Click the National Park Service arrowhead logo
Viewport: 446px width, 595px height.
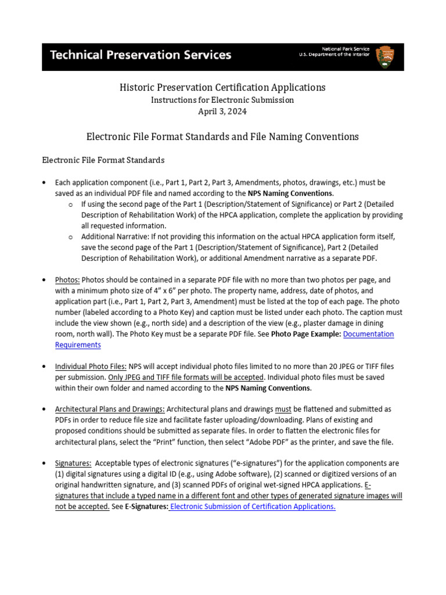pos(385,56)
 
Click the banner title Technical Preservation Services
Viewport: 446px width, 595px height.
pos(141,56)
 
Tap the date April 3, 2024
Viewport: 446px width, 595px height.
pos(222,111)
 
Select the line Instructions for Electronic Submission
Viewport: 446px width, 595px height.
pos(222,99)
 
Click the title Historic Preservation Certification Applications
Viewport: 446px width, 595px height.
pos(222,87)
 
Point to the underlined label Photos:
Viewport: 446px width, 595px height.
pos(67,280)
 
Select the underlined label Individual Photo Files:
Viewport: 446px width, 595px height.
pos(91,366)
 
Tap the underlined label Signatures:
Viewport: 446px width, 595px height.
pos(73,463)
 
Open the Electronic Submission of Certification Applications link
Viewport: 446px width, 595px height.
pos(253,506)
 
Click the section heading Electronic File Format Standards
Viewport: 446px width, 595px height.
pos(103,160)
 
